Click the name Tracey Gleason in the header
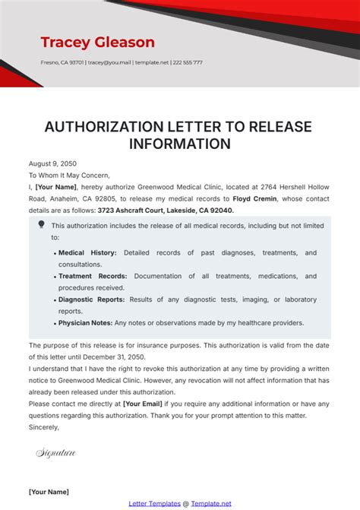point(97,42)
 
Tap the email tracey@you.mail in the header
point(110,63)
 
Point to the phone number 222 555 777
point(187,63)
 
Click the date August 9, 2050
point(52,163)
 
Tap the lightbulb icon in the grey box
point(41,225)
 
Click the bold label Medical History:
point(87,252)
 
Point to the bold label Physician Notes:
point(86,323)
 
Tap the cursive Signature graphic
point(56,454)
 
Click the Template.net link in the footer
point(210,503)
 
